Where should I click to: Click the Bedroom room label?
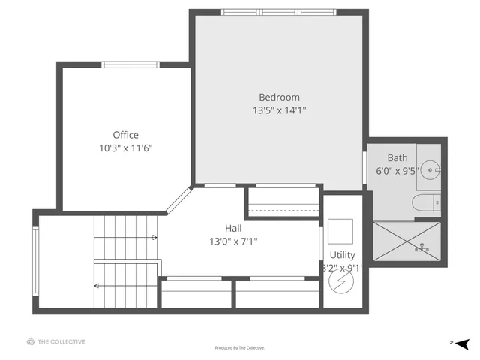279,97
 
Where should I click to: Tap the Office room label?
125,136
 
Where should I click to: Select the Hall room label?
233,228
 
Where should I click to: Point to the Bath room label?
397,158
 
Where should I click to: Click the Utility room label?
342,256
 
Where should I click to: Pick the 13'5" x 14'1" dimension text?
279,110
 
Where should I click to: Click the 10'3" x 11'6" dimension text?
125,148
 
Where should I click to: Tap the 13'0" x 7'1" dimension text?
233,241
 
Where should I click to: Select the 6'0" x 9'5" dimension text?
397,171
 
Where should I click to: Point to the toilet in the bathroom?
424,202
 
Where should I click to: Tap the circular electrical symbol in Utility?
341,281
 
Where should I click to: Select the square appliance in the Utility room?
340,229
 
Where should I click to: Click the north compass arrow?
463,343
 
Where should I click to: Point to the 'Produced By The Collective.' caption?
240,348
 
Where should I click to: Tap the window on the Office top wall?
130,64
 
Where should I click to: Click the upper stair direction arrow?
153,238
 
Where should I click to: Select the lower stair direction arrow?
97,285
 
